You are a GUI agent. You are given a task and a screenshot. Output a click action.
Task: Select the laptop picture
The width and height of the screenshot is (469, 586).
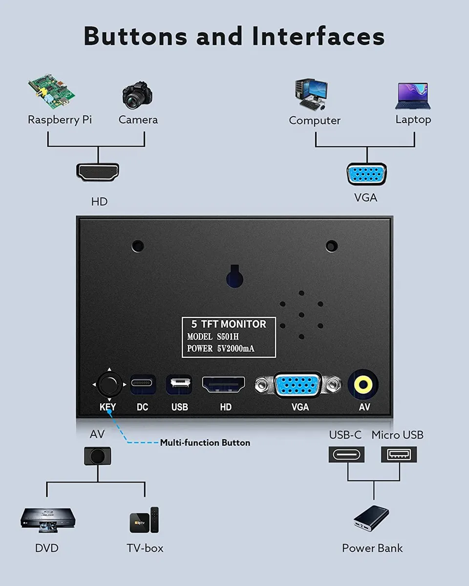tap(413, 96)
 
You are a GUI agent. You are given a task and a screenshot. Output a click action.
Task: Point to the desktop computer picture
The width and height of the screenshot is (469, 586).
tap(311, 94)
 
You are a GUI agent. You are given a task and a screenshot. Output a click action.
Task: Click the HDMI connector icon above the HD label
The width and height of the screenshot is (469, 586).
tap(98, 172)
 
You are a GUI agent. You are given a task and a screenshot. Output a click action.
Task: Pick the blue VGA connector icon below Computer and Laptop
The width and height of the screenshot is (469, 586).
tap(366, 174)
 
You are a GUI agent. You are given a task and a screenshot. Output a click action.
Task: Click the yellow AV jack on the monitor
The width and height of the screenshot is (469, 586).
tap(363, 384)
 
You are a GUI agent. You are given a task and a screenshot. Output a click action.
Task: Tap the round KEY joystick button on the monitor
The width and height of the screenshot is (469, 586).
tap(109, 384)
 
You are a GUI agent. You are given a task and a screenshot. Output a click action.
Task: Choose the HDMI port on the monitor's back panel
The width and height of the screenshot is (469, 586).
tap(223, 384)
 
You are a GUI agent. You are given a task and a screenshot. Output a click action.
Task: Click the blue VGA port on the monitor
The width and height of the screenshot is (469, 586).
tap(298, 385)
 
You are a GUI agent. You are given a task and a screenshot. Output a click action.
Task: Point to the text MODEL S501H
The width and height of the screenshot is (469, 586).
tap(213, 337)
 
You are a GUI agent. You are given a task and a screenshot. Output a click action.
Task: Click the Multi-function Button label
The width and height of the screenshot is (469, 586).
tap(205, 443)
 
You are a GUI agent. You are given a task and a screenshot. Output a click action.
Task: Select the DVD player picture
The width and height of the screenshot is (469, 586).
tap(48, 520)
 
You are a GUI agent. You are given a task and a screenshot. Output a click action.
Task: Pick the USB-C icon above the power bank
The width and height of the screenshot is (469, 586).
tap(346, 455)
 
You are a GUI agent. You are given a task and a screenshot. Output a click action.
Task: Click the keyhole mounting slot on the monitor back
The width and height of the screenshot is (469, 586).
tap(234, 276)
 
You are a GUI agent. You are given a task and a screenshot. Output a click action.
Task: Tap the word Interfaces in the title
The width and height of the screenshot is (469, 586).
tap(319, 36)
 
